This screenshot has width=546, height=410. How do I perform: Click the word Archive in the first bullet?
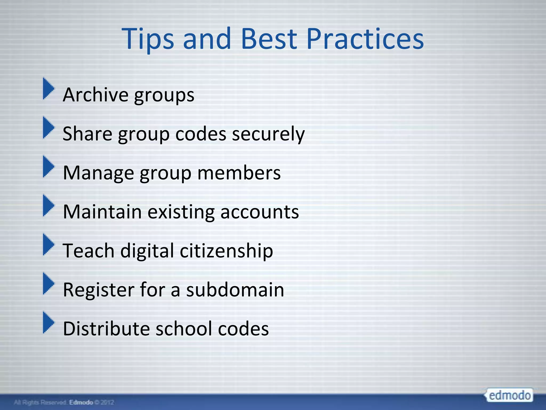(x=95, y=95)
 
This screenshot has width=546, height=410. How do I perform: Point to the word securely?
(x=268, y=134)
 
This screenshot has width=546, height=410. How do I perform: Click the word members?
(x=239, y=173)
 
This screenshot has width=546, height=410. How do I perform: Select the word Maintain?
(x=102, y=212)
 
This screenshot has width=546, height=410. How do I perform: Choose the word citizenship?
(x=226, y=251)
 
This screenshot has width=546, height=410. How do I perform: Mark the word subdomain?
(x=235, y=290)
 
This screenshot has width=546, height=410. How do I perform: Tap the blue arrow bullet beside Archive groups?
(x=48, y=88)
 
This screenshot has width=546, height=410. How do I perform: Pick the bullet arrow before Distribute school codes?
(x=48, y=322)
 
